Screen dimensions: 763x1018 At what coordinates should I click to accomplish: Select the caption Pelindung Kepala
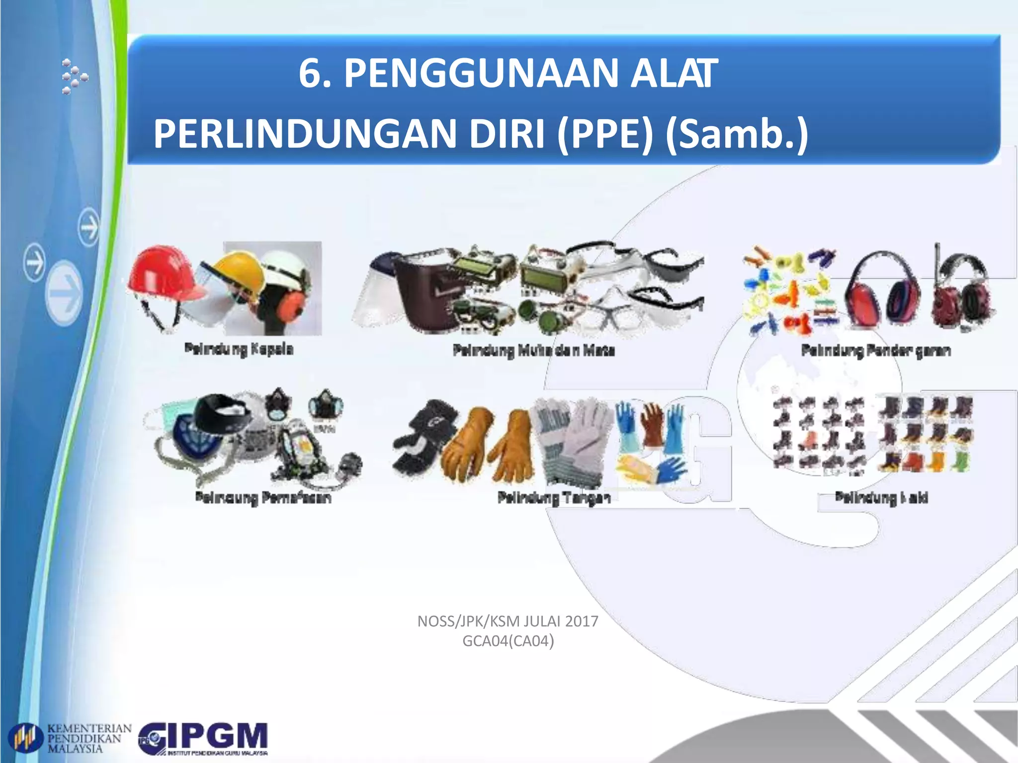239,349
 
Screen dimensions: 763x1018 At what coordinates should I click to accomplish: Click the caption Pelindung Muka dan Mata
534,351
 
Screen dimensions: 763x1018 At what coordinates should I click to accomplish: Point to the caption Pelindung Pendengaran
876,351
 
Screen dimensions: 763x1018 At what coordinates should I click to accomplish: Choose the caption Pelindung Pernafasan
263,497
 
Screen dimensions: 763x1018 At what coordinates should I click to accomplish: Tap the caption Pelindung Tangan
554,497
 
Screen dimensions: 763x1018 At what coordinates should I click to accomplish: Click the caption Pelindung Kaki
881,497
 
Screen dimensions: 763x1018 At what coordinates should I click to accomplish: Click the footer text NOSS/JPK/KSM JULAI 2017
508,621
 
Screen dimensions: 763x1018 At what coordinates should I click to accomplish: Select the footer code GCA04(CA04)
508,641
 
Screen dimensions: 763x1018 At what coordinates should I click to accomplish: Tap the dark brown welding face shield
423,293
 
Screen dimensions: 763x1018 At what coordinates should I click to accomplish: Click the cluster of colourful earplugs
788,291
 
